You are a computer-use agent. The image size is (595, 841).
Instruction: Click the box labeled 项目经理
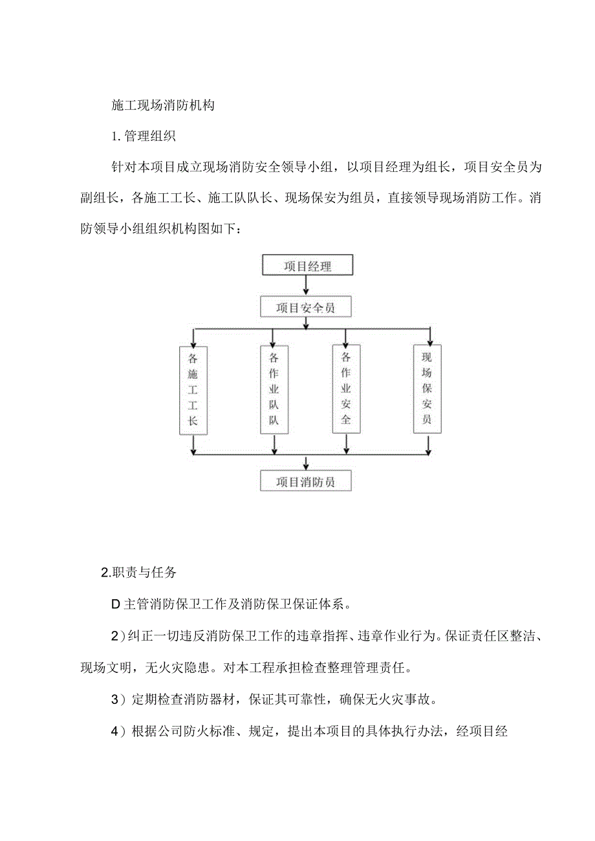[x=307, y=266]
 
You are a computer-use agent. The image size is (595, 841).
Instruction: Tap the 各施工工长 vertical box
[x=193, y=390]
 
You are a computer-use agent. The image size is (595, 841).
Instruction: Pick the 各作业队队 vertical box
[x=274, y=390]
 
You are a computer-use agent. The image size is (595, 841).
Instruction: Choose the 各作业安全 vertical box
[x=346, y=389]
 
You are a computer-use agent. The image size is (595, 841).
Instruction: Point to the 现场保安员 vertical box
[x=427, y=389]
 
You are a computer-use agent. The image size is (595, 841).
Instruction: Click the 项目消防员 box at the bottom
[x=305, y=481]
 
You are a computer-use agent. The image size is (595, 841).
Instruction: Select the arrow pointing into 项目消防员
[x=306, y=462]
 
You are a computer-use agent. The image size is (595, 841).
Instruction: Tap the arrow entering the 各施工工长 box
[x=193, y=337]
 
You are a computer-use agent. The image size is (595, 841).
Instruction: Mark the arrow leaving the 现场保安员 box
[x=428, y=444]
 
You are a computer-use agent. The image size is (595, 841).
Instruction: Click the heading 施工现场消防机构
[x=163, y=105]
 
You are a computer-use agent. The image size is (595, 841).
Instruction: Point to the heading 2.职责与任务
[x=139, y=573]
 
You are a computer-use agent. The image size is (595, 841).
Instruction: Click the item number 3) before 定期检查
[x=117, y=699]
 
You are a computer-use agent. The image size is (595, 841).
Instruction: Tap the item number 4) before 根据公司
[x=117, y=732]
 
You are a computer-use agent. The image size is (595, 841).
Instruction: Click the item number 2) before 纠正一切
[x=117, y=635]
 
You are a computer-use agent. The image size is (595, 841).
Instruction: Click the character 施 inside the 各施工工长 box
[x=193, y=374]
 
